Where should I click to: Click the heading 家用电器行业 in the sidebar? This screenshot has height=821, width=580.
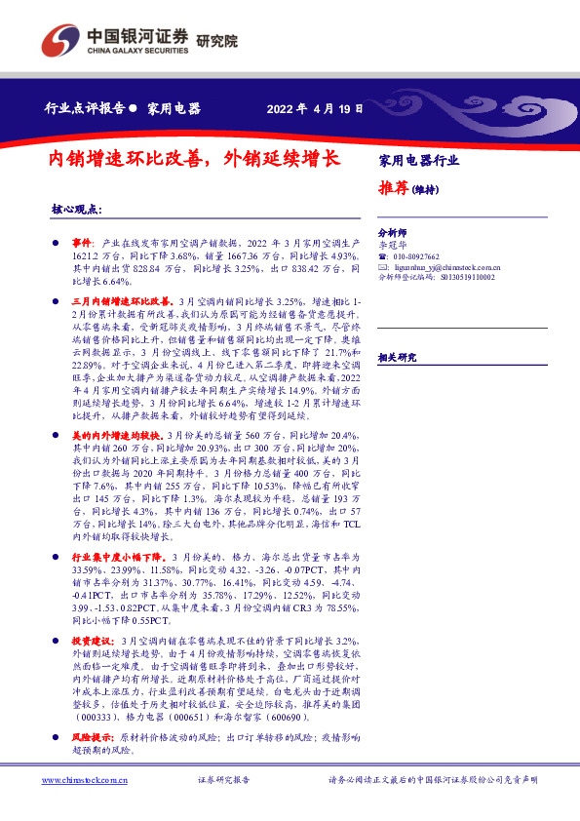[418, 160]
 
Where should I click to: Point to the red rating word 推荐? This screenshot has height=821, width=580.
[393, 189]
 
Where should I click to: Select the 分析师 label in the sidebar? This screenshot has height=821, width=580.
[392, 235]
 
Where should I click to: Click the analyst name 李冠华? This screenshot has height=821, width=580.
[393, 246]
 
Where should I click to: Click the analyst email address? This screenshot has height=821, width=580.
[443, 266]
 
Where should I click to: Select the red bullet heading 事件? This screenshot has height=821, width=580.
[83, 240]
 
